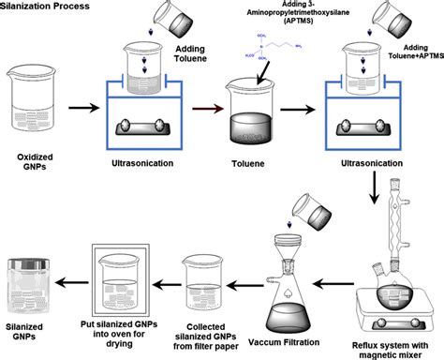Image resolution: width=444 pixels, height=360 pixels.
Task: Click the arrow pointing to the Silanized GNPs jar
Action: coord(73,278)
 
